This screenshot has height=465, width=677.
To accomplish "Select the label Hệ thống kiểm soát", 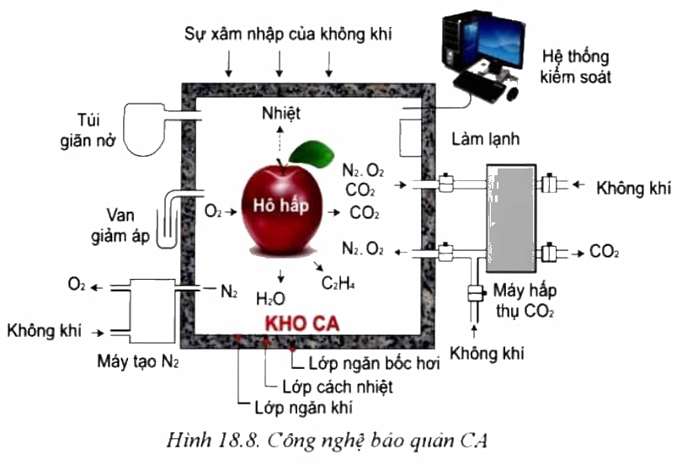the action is point(575,67).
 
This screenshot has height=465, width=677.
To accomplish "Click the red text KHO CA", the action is point(302,323).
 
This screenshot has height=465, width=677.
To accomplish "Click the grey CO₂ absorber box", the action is point(511,218).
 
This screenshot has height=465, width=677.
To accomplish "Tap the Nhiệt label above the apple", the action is point(281,113).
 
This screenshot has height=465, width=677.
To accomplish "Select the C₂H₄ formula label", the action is point(338,283).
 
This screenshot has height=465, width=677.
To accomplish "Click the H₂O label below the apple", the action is point(270,298).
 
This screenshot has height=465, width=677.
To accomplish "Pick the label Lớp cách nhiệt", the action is point(338,387).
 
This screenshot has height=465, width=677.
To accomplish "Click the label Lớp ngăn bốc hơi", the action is point(374,363).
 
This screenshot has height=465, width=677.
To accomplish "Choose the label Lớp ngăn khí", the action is point(303,407).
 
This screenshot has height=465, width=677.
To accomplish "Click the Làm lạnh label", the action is point(485,139).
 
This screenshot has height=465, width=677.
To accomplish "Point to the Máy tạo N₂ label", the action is point(138,361).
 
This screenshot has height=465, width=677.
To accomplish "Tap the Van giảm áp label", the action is point(120,226).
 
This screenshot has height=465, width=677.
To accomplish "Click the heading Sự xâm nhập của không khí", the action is point(288,34).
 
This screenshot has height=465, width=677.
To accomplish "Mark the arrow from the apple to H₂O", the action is point(281,276).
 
